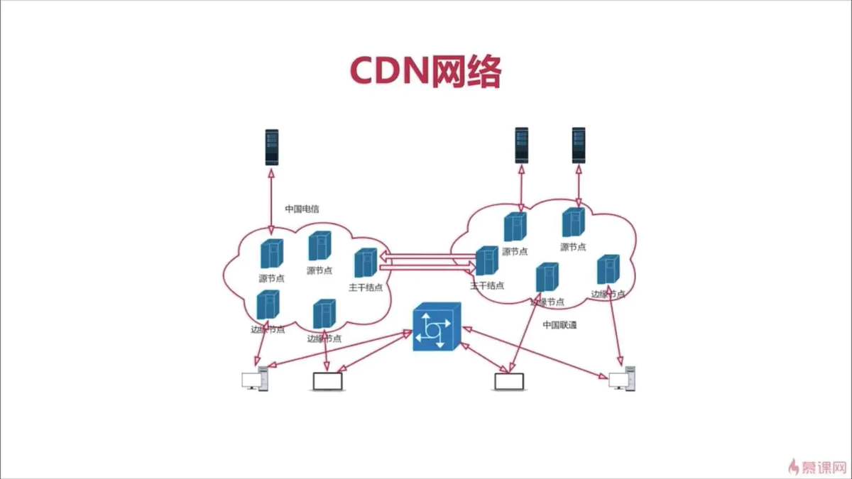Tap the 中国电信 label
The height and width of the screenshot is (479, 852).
point(302,209)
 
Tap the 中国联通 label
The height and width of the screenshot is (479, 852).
point(560,325)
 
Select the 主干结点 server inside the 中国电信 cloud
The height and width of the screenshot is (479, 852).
point(365,263)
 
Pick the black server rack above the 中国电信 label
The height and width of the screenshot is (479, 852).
point(271,147)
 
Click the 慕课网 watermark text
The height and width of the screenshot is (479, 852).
point(825,467)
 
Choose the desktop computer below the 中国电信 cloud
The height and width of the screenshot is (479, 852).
point(255,380)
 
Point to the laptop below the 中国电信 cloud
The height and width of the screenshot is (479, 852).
point(327,382)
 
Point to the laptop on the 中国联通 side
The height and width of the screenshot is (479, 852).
point(509,382)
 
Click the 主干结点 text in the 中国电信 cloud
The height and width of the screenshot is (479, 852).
point(366,287)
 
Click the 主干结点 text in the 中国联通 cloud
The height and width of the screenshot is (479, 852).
point(487,286)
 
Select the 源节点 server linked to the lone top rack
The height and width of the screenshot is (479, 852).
point(271,254)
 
